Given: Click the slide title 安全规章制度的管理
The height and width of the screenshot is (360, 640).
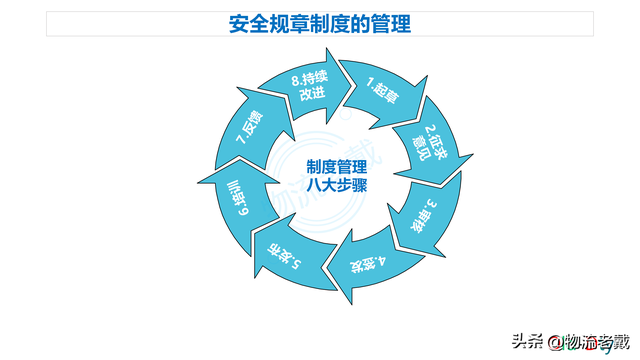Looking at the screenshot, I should pyautogui.click(x=319, y=23).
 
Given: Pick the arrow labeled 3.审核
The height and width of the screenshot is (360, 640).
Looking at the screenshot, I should pyautogui.click(x=428, y=213).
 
